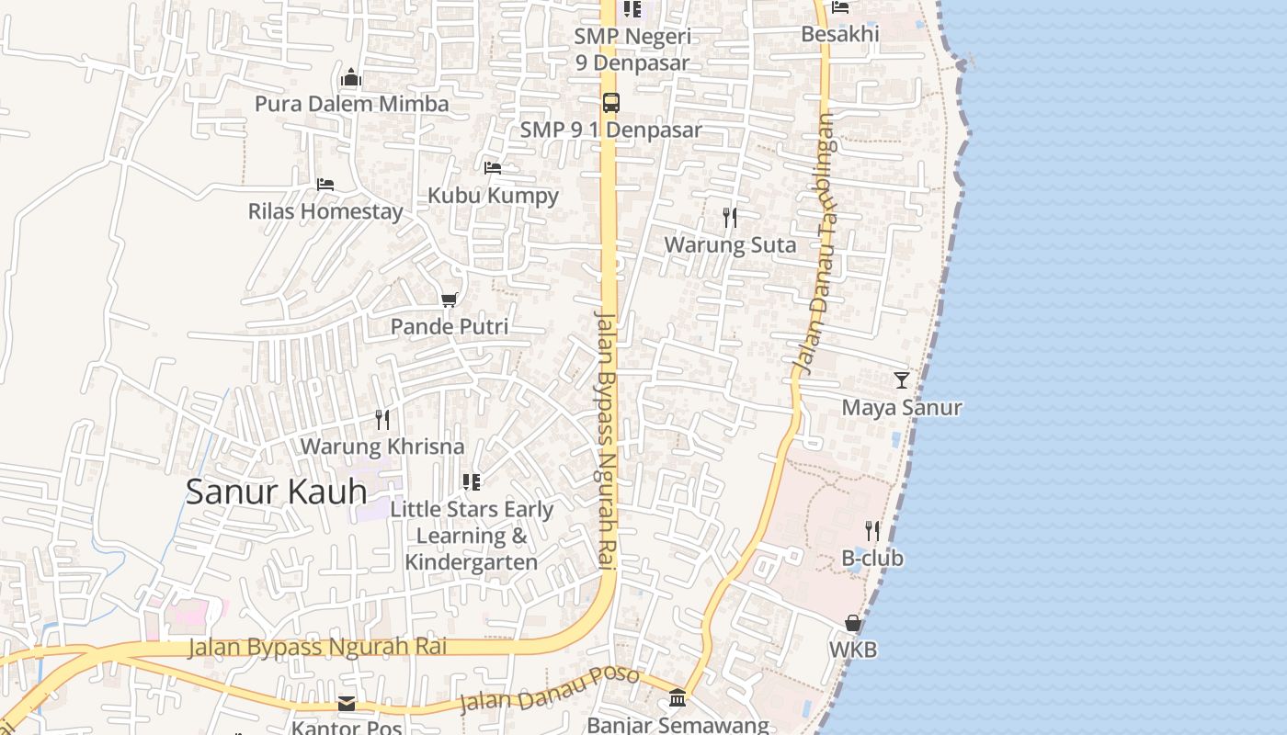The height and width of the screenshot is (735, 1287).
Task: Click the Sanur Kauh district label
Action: (x=276, y=492)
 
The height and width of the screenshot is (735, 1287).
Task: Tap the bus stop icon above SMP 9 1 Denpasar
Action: (x=611, y=103)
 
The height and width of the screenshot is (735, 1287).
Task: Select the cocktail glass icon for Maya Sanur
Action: (x=901, y=380)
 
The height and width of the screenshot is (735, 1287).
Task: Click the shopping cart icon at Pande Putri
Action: (x=450, y=300)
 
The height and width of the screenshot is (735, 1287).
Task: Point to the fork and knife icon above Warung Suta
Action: (x=730, y=218)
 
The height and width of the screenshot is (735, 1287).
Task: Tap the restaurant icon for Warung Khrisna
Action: (x=382, y=420)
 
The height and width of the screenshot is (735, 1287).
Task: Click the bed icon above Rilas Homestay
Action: (x=325, y=185)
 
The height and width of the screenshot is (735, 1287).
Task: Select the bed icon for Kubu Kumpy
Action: (x=493, y=168)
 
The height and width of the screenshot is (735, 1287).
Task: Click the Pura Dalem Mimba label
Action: (x=351, y=104)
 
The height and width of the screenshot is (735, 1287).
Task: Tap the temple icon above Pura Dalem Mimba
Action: (x=351, y=78)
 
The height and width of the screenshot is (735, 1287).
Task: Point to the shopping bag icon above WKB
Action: (x=853, y=624)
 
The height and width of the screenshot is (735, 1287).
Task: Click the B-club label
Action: (x=872, y=559)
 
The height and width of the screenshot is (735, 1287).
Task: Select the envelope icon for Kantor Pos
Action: (x=347, y=704)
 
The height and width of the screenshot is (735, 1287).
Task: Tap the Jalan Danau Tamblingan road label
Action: (x=816, y=243)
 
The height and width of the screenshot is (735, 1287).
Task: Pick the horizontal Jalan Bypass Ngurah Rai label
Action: (x=317, y=647)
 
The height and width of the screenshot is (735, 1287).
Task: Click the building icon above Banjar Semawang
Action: (x=678, y=698)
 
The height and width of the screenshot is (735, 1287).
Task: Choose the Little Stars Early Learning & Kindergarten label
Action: (x=472, y=536)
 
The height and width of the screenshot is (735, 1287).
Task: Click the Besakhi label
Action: (x=840, y=34)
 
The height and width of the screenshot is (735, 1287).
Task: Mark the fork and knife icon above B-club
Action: (x=872, y=531)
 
